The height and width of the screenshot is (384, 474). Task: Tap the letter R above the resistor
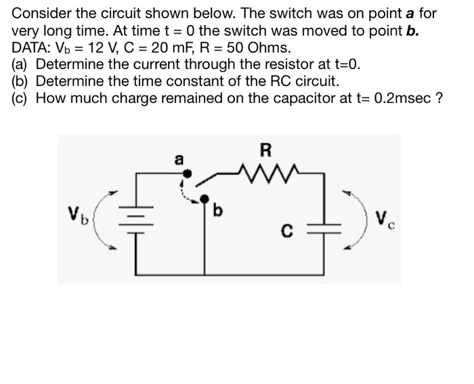(x=263, y=150)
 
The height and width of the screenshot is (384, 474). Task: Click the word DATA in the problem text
(x=30, y=48)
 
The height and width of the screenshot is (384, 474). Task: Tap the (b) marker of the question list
(x=22, y=81)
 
